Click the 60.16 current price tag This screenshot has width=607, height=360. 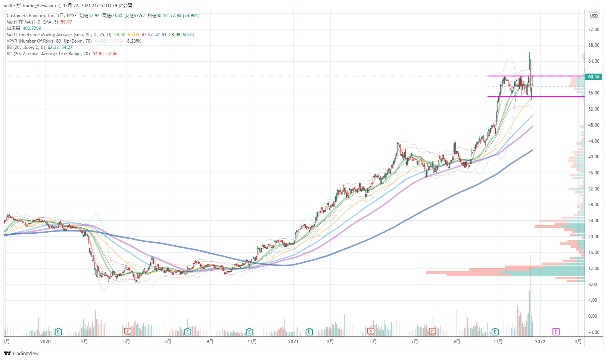coord(593,77)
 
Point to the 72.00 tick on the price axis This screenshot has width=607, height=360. coord(594,30)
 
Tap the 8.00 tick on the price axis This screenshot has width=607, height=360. coord(592,285)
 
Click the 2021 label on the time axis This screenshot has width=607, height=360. coord(293,342)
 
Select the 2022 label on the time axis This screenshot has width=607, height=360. coord(540,342)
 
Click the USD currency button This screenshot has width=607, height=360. coord(594,16)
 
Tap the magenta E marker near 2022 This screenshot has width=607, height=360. coord(556,332)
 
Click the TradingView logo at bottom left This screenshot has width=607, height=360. coord(21,353)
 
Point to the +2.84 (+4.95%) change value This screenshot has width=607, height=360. coord(185,16)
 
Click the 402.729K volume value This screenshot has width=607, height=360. coord(32,28)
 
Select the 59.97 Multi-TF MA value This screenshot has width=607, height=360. coord(66,22)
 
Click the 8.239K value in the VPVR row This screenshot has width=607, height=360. coord(134,41)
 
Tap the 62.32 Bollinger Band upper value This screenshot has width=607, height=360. coord(53,47)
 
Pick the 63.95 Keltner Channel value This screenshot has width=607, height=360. coord(98,54)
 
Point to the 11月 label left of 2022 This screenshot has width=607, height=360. coord(498,342)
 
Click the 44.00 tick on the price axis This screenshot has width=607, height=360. coord(594,141)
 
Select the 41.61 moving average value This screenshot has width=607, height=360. coord(161,35)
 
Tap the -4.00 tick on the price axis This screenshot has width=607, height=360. coord(593,332)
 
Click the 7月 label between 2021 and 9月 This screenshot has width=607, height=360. coord(414,342)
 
